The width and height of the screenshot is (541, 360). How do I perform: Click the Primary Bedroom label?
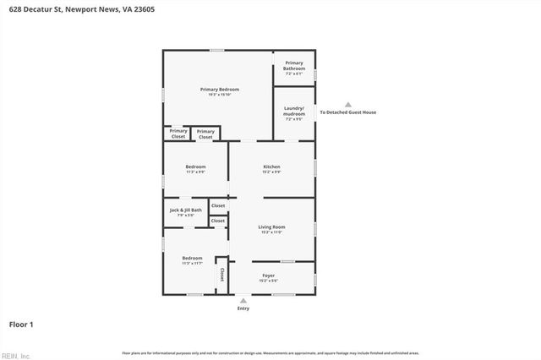[x=219, y=90]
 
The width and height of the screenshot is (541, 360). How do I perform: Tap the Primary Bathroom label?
[x=294, y=65]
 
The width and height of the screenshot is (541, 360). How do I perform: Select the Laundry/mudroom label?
[x=294, y=110]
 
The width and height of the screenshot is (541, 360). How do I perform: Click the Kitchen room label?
[x=271, y=167]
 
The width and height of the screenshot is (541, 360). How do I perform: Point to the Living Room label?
[x=271, y=226]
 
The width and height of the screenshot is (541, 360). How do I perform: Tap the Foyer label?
[x=268, y=275]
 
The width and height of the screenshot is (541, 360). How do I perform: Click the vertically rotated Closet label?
[x=221, y=275]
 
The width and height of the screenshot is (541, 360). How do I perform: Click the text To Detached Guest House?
[x=347, y=112]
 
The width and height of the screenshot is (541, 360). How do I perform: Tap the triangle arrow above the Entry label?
[x=243, y=300]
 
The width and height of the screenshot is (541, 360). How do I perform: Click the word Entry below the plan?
[x=243, y=308]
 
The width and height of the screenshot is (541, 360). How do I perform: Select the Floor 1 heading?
[x=21, y=324]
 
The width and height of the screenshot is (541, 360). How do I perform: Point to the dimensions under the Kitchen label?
[x=271, y=172]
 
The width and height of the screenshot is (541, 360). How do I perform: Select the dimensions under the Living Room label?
[x=271, y=232]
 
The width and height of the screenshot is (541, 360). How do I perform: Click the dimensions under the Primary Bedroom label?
[x=219, y=95]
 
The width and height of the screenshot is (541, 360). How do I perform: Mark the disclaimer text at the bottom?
[x=270, y=352]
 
